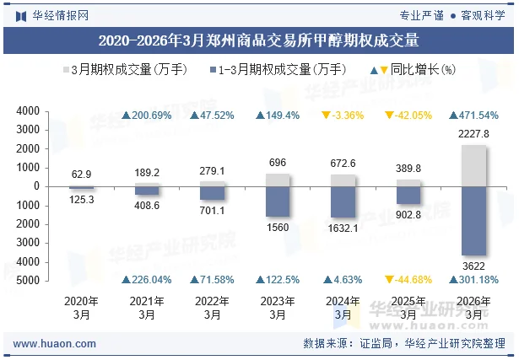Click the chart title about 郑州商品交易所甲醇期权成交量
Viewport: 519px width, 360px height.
259,40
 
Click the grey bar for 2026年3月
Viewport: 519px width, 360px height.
473,165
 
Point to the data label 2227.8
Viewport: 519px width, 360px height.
473,134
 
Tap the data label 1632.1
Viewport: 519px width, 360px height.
342,228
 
